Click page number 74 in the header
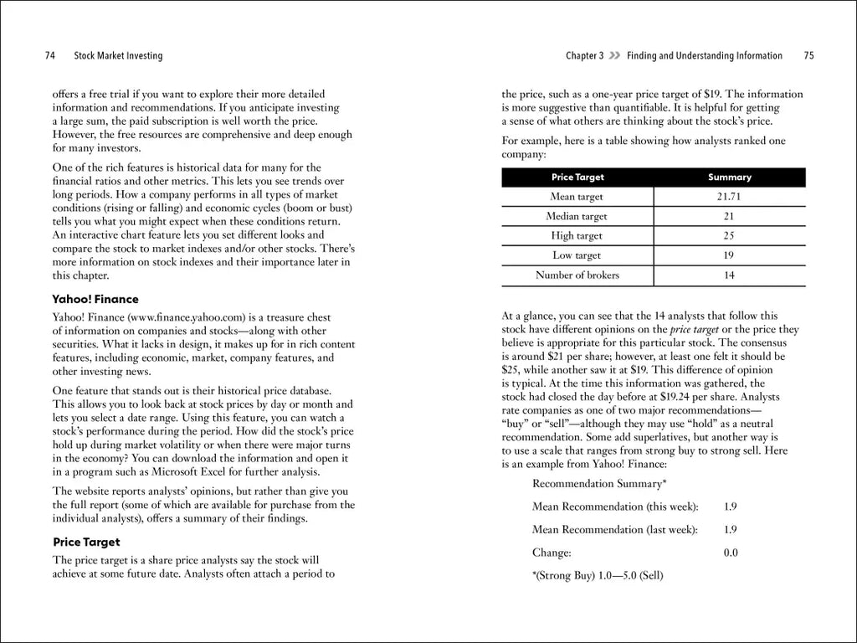coord(50,56)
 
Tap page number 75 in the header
coord(808,56)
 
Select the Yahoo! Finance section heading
coord(95,299)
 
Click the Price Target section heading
coord(86,542)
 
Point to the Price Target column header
coord(577,177)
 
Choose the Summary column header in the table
coord(729,177)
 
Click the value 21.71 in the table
coord(729,197)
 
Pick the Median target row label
coord(577,216)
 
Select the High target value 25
coord(729,236)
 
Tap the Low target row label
coord(577,255)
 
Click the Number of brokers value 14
coord(729,275)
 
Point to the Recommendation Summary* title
coord(599,483)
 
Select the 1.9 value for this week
coord(730,507)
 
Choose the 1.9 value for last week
coord(730,529)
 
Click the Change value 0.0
coord(730,553)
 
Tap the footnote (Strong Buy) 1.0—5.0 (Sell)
coord(598,576)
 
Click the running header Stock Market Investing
coord(118,56)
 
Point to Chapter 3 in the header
coord(584,56)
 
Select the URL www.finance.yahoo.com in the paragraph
coord(186,318)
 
